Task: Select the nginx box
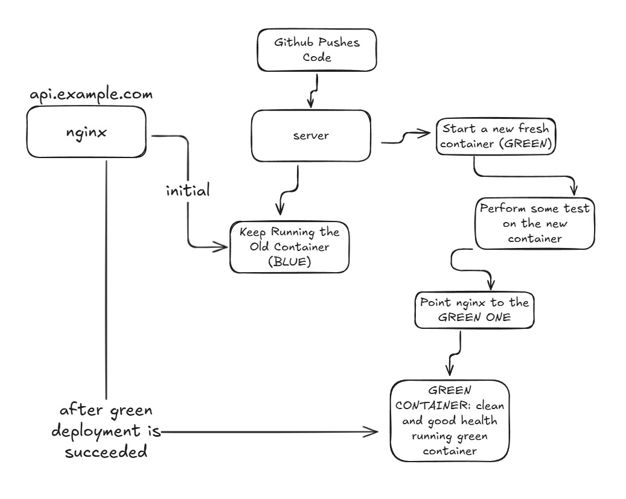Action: pyautogui.click(x=85, y=132)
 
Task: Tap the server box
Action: pyautogui.click(x=310, y=136)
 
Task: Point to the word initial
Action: pyautogui.click(x=188, y=192)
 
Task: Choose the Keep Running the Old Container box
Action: pyautogui.click(x=290, y=246)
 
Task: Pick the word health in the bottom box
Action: pyautogui.click(x=481, y=420)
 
